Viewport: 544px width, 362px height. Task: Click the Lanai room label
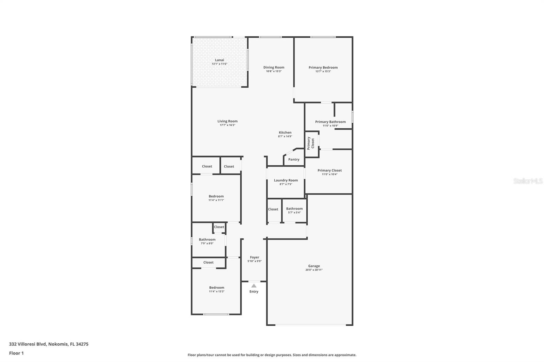[x=219, y=60]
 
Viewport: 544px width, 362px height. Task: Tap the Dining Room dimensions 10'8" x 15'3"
[x=274, y=71]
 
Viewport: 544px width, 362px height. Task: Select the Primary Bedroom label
[x=323, y=68]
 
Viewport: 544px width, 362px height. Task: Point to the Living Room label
[x=227, y=121]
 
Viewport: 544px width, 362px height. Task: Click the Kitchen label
[x=285, y=132]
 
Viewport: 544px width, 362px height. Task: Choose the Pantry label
[x=294, y=160]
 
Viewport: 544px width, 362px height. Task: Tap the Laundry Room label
[x=286, y=180]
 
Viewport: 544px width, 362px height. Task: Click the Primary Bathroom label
[x=330, y=122]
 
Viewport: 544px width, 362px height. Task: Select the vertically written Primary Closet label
[x=311, y=143]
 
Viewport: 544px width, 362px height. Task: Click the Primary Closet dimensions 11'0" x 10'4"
[x=329, y=174]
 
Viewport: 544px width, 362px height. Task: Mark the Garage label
[x=314, y=266]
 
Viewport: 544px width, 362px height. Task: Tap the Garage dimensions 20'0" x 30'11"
[x=314, y=270]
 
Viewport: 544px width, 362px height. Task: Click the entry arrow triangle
[x=254, y=286]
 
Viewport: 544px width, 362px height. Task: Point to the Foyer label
[x=254, y=257]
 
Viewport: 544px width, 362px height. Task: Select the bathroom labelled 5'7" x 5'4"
[x=294, y=210]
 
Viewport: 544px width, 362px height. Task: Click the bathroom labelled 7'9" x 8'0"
[x=207, y=241]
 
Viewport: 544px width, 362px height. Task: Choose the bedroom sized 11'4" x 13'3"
[x=217, y=289]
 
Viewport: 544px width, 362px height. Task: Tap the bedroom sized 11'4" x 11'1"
[x=216, y=198]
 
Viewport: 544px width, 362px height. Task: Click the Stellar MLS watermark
[x=528, y=181]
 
